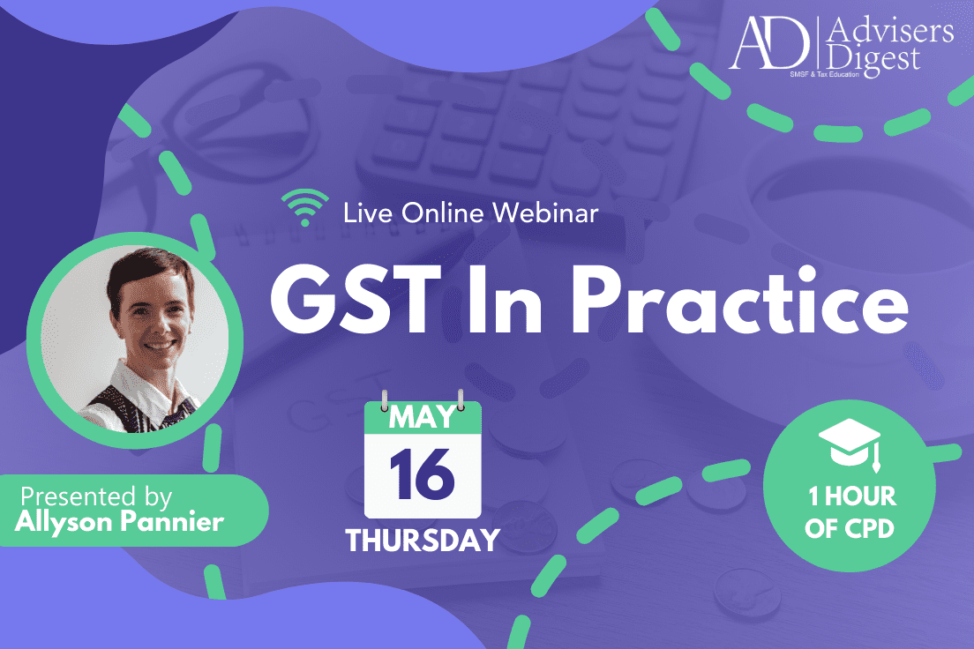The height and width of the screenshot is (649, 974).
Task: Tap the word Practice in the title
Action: tap(740, 299)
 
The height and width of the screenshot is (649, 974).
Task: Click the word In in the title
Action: tap(505, 299)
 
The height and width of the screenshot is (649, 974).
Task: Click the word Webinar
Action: tap(545, 213)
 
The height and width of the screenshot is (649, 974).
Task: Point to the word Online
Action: tap(442, 213)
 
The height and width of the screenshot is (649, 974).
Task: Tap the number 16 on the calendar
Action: tap(422, 474)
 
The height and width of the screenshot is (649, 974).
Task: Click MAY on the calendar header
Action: tap(423, 417)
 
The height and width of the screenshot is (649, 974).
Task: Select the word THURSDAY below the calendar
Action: tap(423, 541)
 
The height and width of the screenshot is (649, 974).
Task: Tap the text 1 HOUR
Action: tap(852, 496)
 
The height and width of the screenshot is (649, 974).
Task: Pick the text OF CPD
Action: tap(849, 528)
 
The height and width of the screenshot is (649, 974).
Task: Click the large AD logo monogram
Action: tap(769, 42)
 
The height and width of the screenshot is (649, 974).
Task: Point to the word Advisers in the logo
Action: tap(891, 31)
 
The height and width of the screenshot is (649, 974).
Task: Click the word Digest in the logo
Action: tap(873, 60)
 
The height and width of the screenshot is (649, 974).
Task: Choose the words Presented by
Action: tap(96, 496)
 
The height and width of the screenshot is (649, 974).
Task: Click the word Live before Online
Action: tap(368, 213)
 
